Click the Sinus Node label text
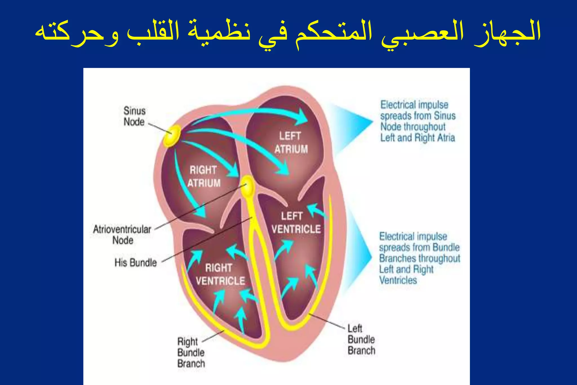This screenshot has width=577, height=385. tap(134, 116)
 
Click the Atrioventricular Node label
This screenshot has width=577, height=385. tap(122, 235)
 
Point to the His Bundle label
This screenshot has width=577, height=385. tap(136, 263)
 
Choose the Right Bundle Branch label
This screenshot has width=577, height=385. tap(191, 352)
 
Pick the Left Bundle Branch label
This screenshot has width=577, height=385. tap(361, 340)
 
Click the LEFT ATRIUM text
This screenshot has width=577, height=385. tap(291, 143)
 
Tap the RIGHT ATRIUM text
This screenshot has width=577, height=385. tap(204, 176)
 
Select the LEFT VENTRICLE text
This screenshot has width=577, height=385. tap(296, 223)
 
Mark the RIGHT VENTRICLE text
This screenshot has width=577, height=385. tap(220, 274)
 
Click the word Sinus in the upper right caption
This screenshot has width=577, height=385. tap(445, 116)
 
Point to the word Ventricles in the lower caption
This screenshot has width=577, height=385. tap(398, 280)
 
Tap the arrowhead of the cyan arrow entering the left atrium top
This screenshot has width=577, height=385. tap(303, 117)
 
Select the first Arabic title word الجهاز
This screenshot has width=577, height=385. tap(507, 32)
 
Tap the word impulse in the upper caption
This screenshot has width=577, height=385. tap(432, 105)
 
